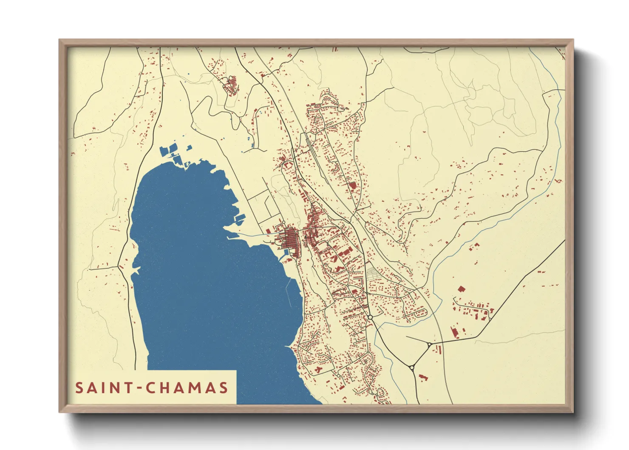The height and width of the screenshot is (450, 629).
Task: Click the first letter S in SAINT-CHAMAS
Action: (79, 388)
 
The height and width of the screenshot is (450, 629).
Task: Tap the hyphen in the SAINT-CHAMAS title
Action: (139, 388)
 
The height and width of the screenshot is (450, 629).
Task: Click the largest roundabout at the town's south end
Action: (370, 317)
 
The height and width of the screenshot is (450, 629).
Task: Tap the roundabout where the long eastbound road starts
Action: (430, 344)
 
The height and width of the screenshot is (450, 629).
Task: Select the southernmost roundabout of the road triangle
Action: (411, 367)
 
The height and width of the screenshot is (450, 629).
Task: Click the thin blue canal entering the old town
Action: (255, 234)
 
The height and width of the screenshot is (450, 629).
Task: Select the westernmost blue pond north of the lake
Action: (164, 151)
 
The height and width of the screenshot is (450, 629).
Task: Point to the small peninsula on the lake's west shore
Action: (136, 270)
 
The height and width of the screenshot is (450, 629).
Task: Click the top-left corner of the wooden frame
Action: (59, 40)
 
